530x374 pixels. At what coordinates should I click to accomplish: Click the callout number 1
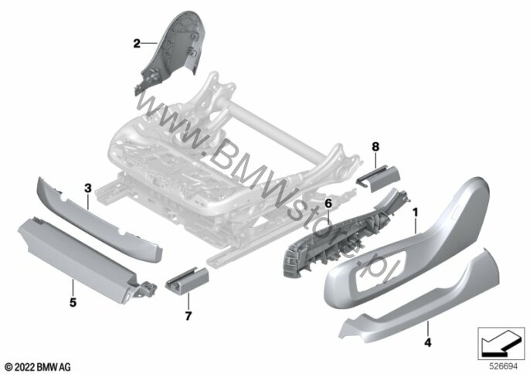pyautogui.click(x=416, y=212)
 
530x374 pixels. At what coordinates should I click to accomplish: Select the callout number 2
pyautogui.click(x=137, y=43)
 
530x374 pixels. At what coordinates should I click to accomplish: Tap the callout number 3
pyautogui.click(x=88, y=188)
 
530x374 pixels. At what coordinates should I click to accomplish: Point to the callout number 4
pyautogui.click(x=428, y=342)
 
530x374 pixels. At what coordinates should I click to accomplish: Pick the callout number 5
pyautogui.click(x=73, y=302)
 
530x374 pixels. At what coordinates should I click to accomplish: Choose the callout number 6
pyautogui.click(x=328, y=203)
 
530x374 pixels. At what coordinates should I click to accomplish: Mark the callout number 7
pyautogui.click(x=189, y=316)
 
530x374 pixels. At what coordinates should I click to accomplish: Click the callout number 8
pyautogui.click(x=375, y=147)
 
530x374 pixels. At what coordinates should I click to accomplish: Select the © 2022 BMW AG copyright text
pyautogui.click(x=38, y=367)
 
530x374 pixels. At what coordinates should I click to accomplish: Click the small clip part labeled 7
pyautogui.click(x=187, y=279)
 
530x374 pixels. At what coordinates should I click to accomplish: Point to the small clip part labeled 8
pyautogui.click(x=378, y=178)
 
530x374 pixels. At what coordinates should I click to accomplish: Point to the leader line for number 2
pyautogui.click(x=149, y=43)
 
